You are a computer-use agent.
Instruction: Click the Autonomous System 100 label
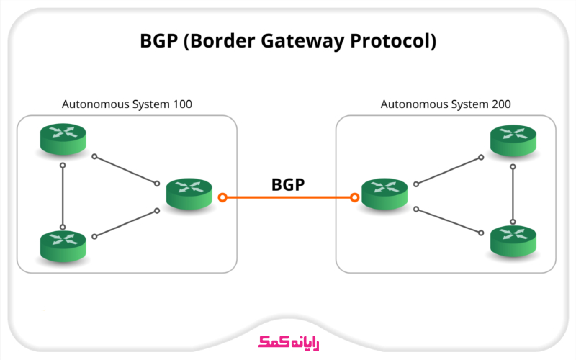(x=127, y=104)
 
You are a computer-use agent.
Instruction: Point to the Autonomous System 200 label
(x=446, y=104)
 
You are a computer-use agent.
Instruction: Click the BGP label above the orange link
(x=288, y=184)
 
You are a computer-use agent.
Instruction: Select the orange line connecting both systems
(x=288, y=197)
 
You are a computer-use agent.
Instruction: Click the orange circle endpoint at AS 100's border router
(x=223, y=197)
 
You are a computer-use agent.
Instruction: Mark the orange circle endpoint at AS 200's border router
(x=354, y=197)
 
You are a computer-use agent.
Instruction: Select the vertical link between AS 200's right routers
(x=513, y=193)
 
